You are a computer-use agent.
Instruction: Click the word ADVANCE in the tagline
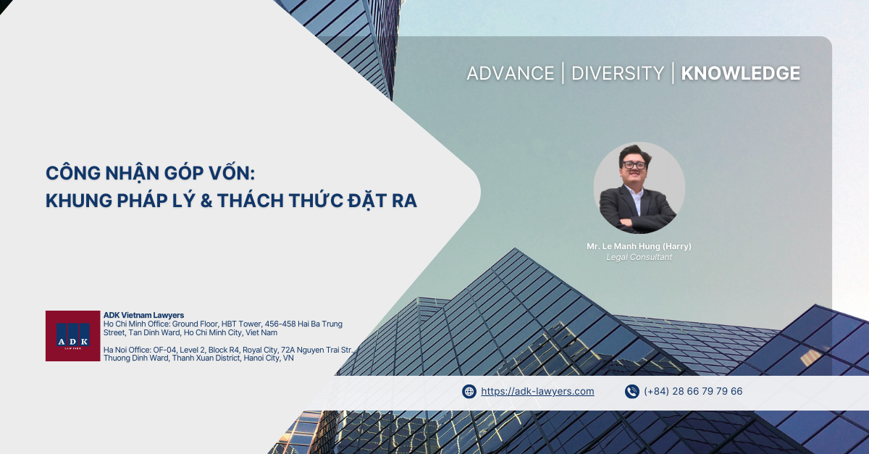click(510, 73)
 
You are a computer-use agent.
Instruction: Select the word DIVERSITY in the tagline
click(618, 73)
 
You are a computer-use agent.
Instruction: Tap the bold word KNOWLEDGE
click(740, 73)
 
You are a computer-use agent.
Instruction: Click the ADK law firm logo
click(73, 336)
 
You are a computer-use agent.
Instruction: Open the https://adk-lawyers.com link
click(537, 391)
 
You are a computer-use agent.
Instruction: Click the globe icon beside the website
click(469, 392)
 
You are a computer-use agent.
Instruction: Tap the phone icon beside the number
click(632, 392)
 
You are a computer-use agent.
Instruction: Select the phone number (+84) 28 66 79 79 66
click(693, 391)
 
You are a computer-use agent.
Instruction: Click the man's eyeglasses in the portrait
click(634, 165)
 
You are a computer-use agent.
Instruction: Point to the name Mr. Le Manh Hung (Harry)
click(639, 246)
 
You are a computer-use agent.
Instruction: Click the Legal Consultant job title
click(639, 257)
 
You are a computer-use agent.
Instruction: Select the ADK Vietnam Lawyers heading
click(143, 315)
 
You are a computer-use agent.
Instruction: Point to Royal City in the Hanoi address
click(259, 350)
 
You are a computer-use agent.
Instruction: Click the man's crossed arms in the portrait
click(639, 223)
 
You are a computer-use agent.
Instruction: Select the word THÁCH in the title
click(251, 201)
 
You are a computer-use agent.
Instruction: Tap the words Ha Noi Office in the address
click(127, 350)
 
